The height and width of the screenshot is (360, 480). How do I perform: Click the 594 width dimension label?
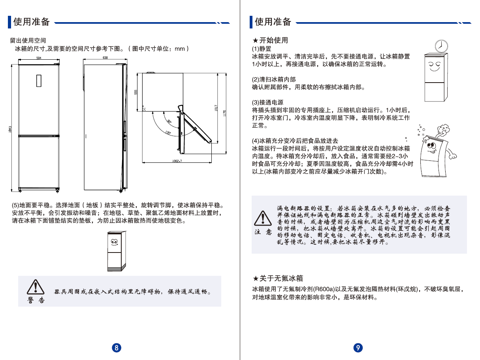click(x=39, y=58)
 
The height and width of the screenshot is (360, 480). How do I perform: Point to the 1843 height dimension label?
click(x=10, y=129)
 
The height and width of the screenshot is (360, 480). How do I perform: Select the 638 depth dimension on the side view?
click(x=105, y=58)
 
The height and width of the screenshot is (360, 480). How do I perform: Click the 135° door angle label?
click(x=168, y=133)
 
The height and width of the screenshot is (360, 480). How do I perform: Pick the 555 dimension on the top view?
click(x=136, y=92)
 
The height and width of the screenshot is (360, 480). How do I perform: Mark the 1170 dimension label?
click(x=224, y=113)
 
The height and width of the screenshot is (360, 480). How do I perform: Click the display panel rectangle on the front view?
click(x=39, y=80)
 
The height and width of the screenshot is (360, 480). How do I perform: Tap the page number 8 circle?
click(x=117, y=348)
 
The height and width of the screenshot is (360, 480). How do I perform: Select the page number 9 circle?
click(x=358, y=348)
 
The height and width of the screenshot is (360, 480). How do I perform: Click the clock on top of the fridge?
click(x=441, y=46)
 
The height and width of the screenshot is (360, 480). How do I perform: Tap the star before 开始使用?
click(x=255, y=40)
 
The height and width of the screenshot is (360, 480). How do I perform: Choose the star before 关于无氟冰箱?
click(x=255, y=279)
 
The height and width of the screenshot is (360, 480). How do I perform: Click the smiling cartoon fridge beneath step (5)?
click(x=117, y=251)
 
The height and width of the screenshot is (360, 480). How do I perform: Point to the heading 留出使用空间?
click(x=28, y=40)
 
